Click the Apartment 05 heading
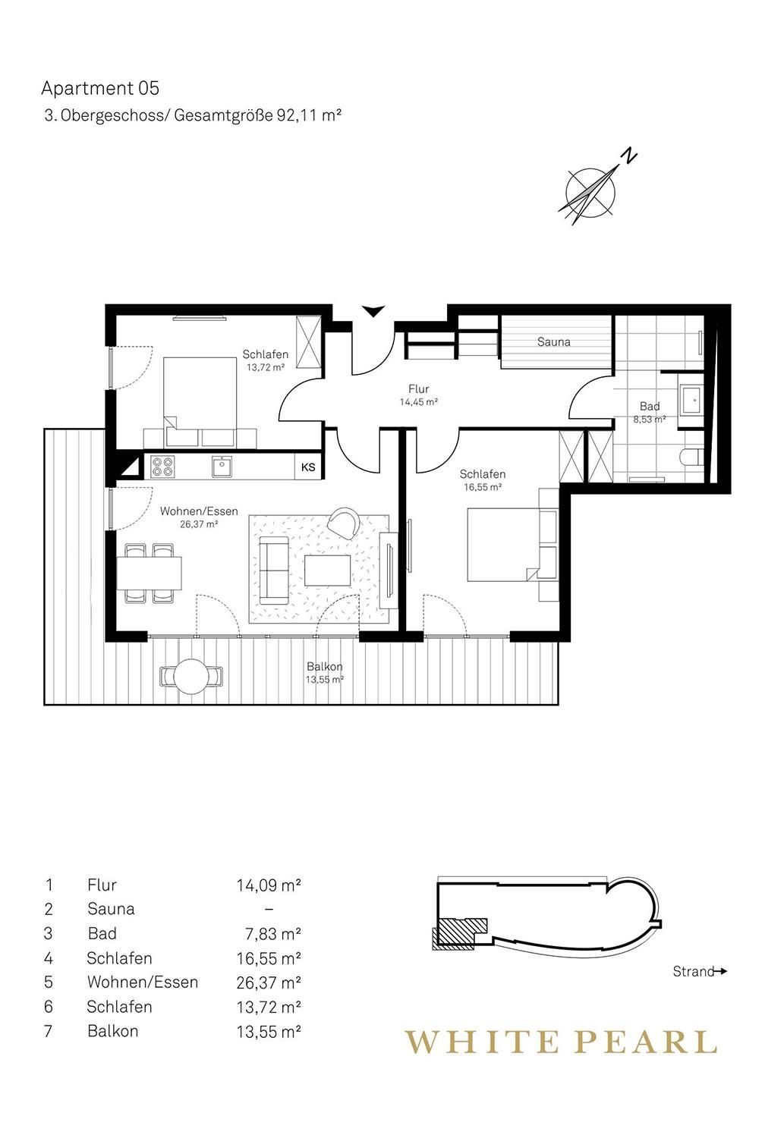100,89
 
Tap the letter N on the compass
631,156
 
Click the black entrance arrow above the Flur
373,311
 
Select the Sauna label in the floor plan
553,342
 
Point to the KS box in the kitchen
308,467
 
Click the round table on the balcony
191,676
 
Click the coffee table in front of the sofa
327,571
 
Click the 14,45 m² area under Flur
418,402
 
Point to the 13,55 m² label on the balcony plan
325,680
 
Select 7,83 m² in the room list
273,934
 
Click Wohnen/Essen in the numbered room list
143,982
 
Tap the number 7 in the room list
49,1031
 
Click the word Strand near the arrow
694,971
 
